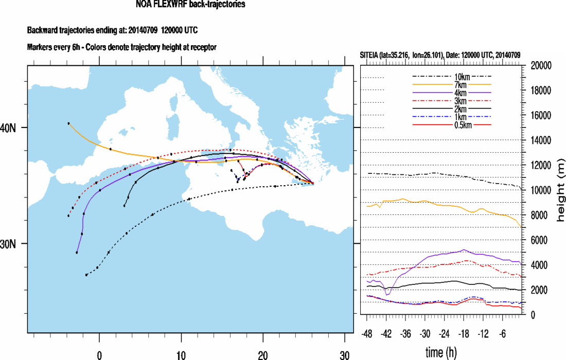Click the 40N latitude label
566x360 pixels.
tap(10, 128)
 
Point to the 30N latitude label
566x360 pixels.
tap(10, 244)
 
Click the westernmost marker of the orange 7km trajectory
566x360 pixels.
tap(68, 123)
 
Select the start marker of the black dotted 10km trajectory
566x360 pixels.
tap(86, 275)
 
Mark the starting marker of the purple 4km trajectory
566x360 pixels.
tap(77, 253)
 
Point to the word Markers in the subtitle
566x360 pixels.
tap(39, 47)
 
